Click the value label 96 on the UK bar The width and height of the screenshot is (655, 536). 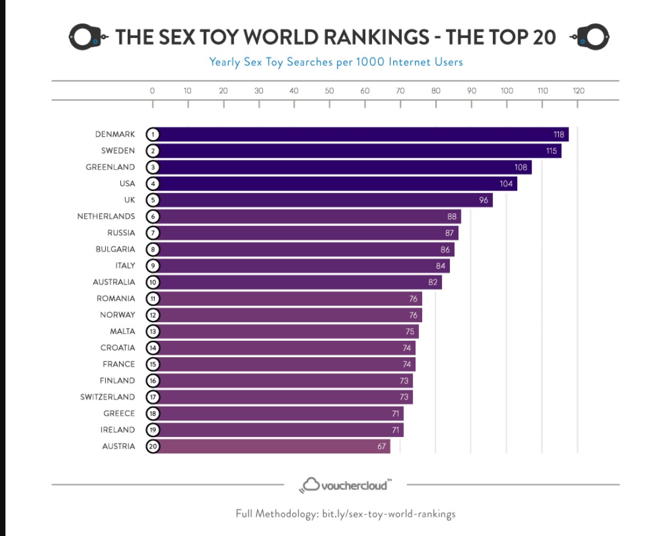coord(483,200)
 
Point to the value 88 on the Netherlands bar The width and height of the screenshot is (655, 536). coord(451,216)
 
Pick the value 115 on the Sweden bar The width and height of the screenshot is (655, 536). coord(551,151)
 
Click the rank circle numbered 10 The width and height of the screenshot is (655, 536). coord(152,282)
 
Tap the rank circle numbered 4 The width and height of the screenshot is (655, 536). coord(152,184)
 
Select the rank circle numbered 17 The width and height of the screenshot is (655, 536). coord(152,397)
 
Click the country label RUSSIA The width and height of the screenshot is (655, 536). coord(121,233)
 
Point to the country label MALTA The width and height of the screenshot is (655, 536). coord(122,331)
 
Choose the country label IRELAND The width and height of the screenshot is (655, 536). coord(117,430)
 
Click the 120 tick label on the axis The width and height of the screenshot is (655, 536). coord(578,91)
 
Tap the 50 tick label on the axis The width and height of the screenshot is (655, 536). coord(330,91)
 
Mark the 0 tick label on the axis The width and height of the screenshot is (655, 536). coord(152,91)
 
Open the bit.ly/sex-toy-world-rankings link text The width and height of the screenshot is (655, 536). coord(389,514)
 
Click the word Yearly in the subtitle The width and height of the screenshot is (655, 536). coord(224,62)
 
